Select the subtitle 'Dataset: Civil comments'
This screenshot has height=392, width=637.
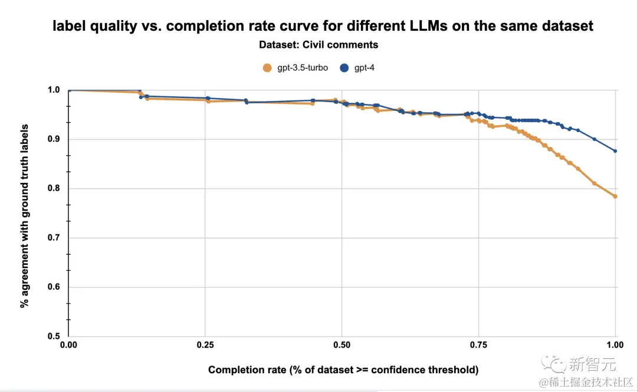[318, 45]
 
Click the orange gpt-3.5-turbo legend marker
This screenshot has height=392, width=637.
[267, 68]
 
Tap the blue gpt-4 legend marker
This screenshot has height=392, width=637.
[345, 68]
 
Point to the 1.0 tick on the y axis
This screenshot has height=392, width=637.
[54, 90]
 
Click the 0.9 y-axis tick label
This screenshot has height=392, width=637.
[54, 139]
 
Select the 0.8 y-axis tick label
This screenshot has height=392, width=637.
[54, 188]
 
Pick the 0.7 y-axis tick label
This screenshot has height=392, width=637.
[54, 238]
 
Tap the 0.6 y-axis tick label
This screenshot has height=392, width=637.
[54, 287]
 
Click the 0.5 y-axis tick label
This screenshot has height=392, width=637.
[54, 337]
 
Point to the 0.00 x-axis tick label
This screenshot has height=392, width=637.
[69, 344]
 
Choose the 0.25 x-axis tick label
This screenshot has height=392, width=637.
[205, 344]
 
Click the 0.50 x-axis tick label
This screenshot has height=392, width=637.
[342, 344]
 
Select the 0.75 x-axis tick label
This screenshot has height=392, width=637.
[479, 344]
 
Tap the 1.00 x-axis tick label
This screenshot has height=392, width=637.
[615, 344]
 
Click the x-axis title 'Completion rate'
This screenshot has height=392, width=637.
[343, 370]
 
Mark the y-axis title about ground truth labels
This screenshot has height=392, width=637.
[25, 213]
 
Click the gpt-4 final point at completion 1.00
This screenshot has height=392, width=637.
[615, 151]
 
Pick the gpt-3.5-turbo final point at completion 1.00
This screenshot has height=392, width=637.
[615, 196]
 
